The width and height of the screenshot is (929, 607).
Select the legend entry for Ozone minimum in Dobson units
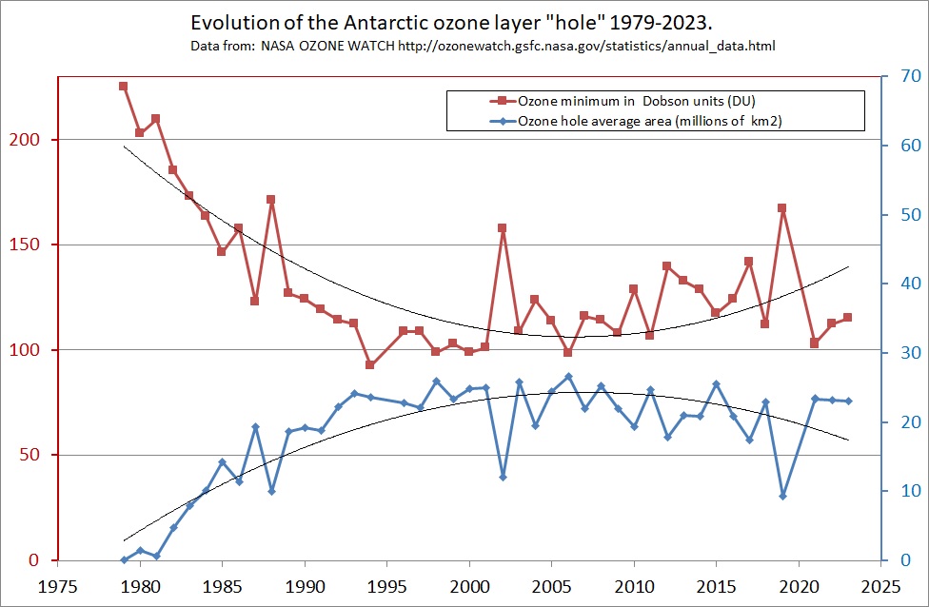coord(638,101)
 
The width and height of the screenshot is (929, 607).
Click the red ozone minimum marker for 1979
coord(123,86)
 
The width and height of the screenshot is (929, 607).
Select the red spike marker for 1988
coord(271,200)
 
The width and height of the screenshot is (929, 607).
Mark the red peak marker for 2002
coord(503,228)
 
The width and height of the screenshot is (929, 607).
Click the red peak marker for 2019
coord(782,207)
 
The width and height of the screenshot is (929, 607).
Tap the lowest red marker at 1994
coord(370,364)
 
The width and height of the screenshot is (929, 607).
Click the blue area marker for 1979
coord(124,559)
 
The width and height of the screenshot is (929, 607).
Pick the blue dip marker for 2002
coord(503,477)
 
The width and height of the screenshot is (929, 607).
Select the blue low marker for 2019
coord(782,496)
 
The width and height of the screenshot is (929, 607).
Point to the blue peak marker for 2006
coord(568,377)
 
